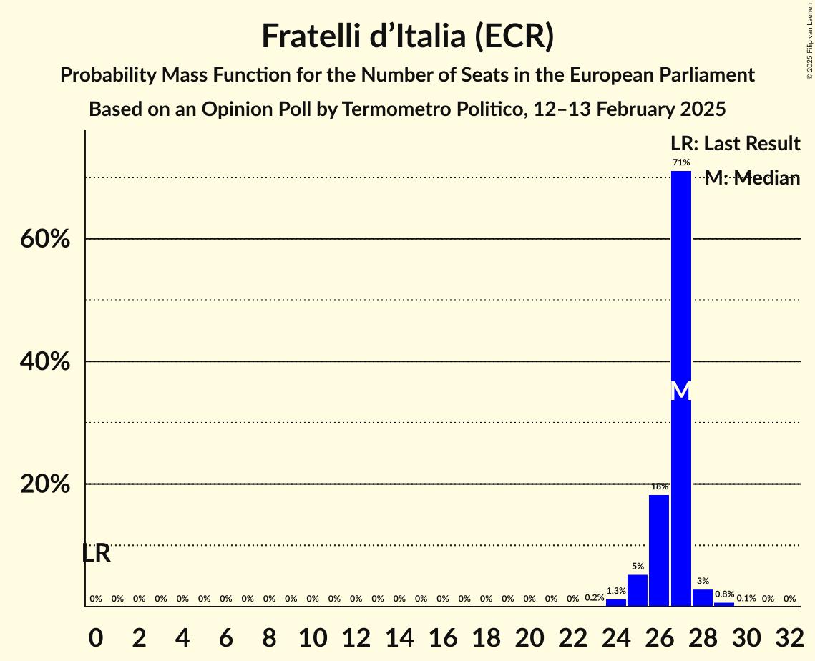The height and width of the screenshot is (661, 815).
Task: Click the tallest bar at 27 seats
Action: (680, 386)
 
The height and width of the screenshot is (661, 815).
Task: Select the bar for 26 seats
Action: (659, 551)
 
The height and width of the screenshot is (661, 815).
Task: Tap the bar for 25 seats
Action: (638, 591)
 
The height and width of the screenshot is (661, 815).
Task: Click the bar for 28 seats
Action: (703, 598)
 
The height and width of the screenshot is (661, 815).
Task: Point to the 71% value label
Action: (681, 163)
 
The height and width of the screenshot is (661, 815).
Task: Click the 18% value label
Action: (659, 486)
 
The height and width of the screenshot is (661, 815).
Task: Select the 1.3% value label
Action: (616, 592)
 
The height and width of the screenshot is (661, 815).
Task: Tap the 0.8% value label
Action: (724, 594)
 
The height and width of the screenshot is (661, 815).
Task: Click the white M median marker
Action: (681, 391)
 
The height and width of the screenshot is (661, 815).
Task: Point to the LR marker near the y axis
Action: (96, 553)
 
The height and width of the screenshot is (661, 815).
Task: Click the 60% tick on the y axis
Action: (45, 239)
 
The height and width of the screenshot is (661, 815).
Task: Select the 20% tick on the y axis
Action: (45, 484)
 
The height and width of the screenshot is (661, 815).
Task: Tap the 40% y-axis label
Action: (45, 362)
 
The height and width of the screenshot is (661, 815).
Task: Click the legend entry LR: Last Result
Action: (735, 144)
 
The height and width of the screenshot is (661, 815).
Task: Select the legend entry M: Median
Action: (752, 179)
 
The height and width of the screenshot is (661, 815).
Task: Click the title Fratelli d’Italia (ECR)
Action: (407, 36)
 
